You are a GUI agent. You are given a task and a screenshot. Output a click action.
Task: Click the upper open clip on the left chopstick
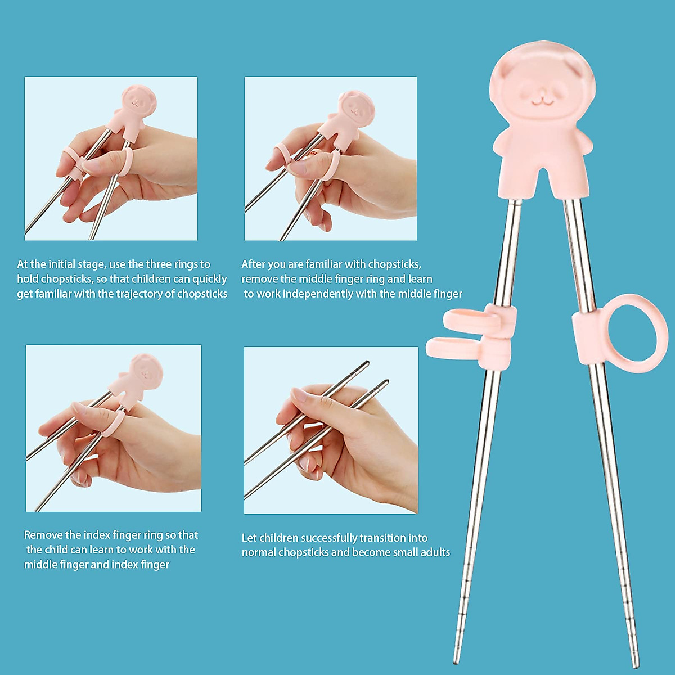tap(470, 319)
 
